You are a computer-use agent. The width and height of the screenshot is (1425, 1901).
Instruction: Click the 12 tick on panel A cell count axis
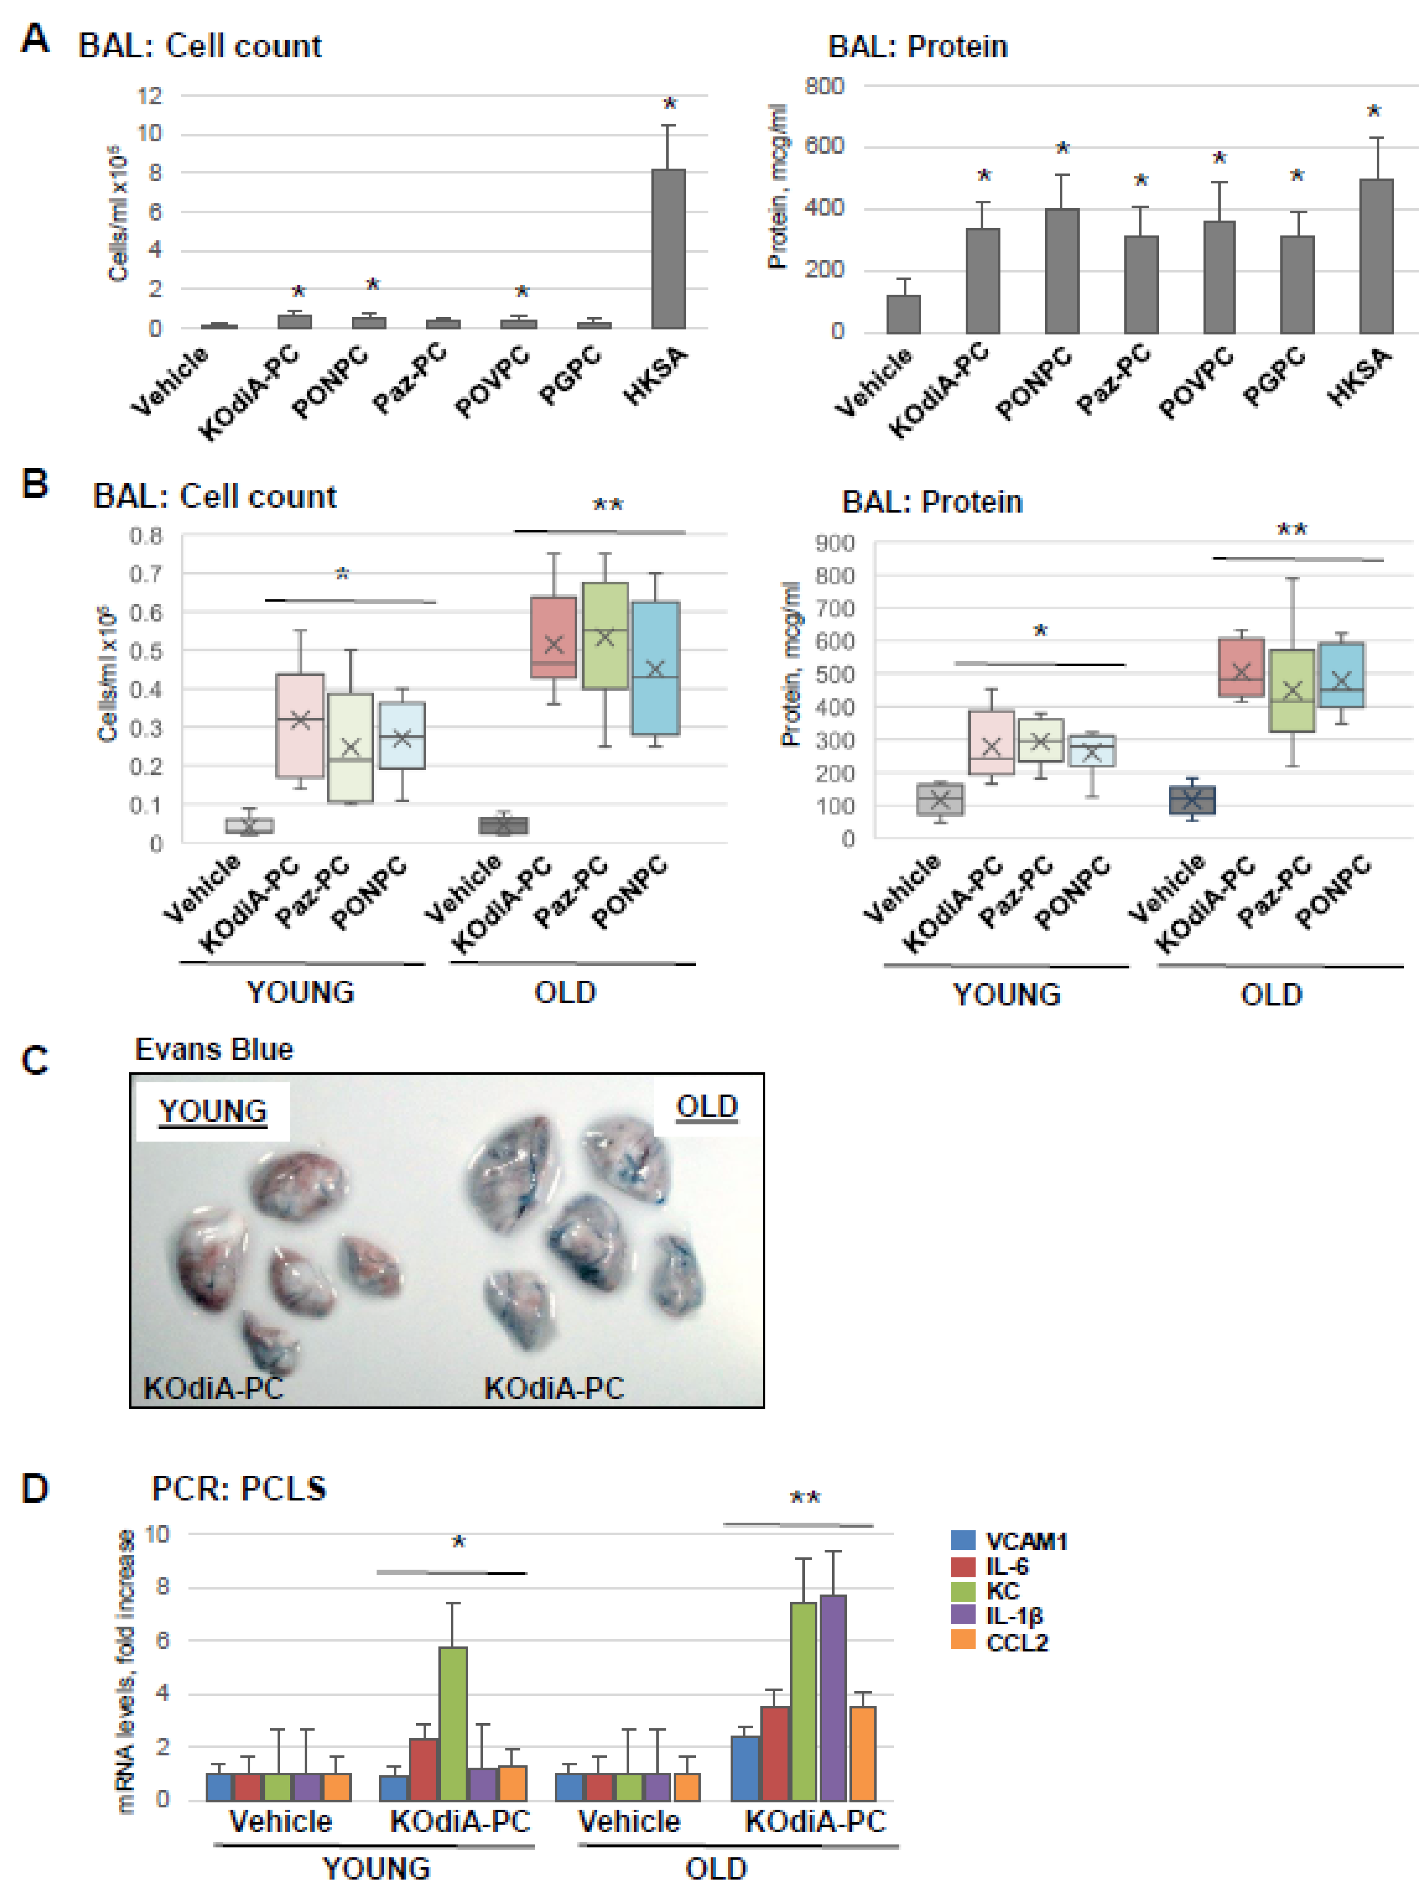pos(150,95)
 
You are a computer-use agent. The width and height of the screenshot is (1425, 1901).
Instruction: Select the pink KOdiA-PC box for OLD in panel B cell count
pos(554,637)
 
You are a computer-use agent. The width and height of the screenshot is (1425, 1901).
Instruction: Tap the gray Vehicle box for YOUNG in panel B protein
pos(940,799)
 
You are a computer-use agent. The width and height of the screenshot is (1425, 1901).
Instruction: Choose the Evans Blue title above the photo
pos(214,1049)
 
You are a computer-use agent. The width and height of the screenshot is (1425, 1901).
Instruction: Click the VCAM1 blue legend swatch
pos(962,1541)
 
